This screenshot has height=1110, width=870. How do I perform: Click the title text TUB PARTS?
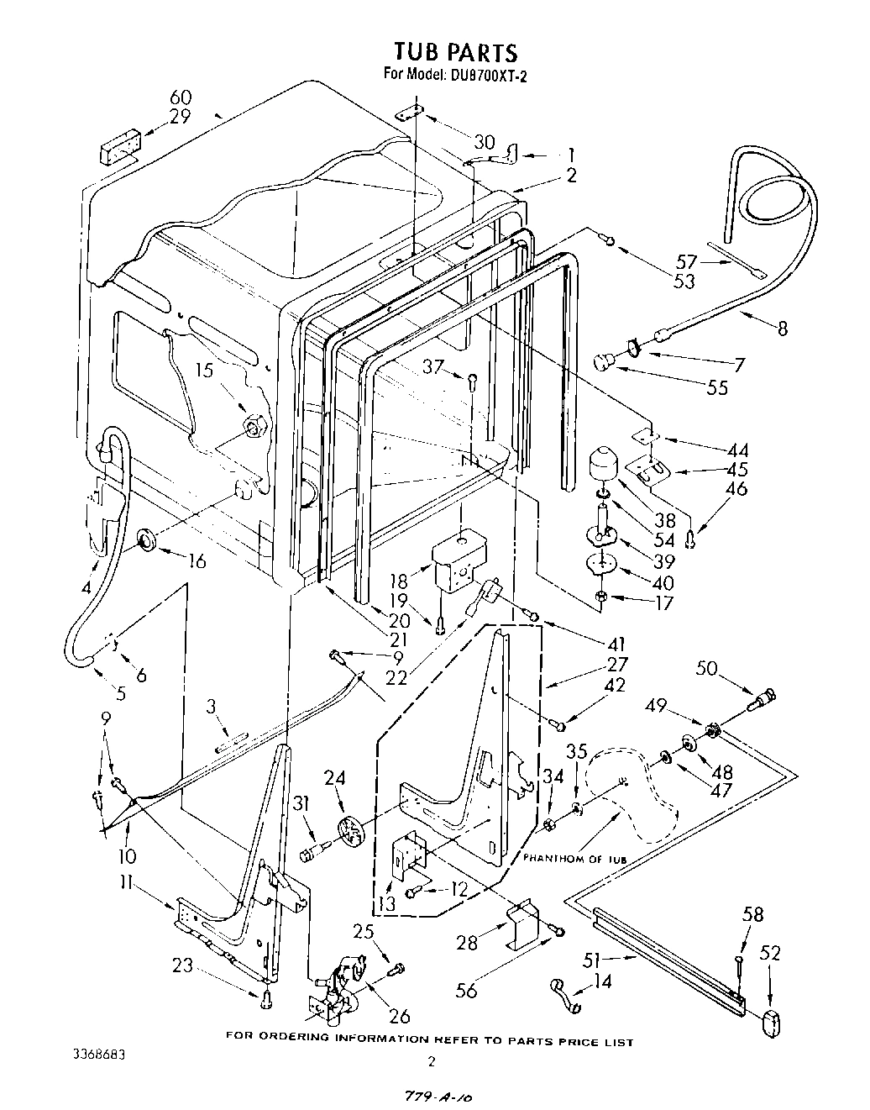coord(456,52)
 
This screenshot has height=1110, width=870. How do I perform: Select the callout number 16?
coord(197,560)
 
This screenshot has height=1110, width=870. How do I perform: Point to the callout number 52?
coord(769,953)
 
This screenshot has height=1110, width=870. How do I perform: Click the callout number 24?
coord(334,778)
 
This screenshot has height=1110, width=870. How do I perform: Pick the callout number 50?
coord(707,668)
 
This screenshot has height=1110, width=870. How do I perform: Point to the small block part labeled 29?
coord(119,151)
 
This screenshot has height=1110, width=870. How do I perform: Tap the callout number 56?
coord(465,992)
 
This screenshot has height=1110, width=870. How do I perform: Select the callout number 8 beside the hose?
coord(783,329)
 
